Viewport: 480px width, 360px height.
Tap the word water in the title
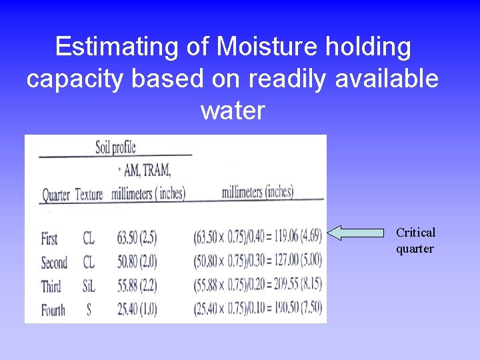(233, 110)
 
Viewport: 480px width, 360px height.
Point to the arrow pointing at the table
(357, 233)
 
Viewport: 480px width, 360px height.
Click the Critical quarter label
(415, 241)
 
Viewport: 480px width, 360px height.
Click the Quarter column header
(56, 195)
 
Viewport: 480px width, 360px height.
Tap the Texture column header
(89, 195)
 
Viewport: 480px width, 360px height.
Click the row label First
(49, 239)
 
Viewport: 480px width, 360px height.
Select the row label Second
(54, 263)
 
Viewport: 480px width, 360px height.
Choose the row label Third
(51, 287)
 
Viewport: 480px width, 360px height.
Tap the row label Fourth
(53, 310)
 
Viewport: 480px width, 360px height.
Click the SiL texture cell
(89, 287)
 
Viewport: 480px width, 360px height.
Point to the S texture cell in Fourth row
(89, 310)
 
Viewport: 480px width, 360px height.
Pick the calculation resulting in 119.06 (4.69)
(258, 235)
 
